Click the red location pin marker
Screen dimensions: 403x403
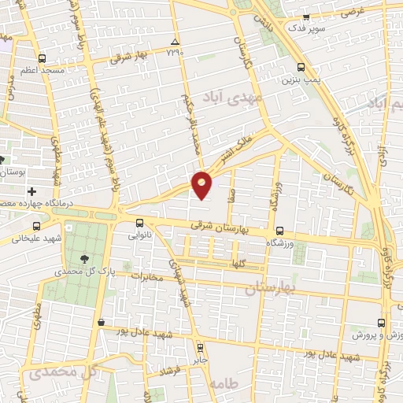(202, 183)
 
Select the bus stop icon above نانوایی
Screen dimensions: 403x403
(139, 222)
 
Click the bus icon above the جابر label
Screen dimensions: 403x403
(200, 346)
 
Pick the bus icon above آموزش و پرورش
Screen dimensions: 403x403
(382, 323)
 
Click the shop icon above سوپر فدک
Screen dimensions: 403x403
(307, 17)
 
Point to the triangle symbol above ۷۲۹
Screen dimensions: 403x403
(175, 42)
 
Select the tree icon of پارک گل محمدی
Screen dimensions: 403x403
(83, 257)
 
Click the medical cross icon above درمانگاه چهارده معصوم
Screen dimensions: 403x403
(31, 191)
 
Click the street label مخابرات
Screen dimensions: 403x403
(150, 276)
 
